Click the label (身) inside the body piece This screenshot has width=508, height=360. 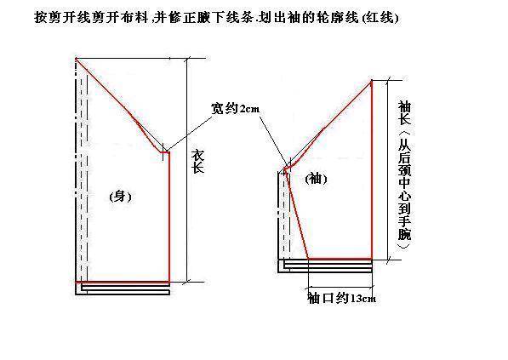click(121, 197)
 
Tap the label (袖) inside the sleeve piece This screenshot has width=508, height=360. click(317, 179)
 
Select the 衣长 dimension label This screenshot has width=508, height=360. click(197, 162)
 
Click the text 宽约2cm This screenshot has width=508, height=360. click(235, 108)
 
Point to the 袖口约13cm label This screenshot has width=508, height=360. click(341, 298)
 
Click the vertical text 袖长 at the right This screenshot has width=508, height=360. click(405, 112)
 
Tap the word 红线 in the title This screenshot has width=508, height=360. click(380, 18)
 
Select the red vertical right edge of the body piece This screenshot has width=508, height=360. click(169, 217)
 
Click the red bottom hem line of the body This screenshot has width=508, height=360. click(123, 283)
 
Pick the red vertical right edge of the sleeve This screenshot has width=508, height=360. click(372, 170)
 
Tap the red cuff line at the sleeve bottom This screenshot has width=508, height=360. click(340, 259)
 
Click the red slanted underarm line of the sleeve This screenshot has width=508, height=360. click(296, 214)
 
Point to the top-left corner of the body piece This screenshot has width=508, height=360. click(76, 59)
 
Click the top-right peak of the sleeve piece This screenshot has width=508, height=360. click(372, 80)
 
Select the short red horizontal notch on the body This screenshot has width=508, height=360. click(165, 152)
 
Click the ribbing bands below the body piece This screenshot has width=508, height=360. click(123, 289)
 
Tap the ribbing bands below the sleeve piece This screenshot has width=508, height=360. click(325, 266)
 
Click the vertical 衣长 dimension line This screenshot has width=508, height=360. click(186, 170)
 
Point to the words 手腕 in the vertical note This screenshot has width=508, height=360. click(405, 228)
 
